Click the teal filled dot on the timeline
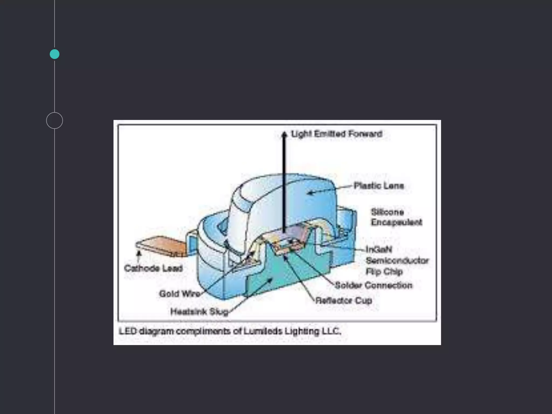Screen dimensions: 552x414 pos(54,54)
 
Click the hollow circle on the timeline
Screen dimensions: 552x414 pos(54,120)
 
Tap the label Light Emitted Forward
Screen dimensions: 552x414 pos(337,134)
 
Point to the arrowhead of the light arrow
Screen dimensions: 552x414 pos(284,134)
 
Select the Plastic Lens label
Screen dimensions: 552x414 pos(379,186)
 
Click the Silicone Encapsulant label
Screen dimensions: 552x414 pos(396,217)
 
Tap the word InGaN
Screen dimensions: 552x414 pos(379,250)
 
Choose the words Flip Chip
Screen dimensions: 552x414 pos(384,271)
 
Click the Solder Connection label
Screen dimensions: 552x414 pos(374,285)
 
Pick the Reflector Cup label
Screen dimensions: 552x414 pos(344,300)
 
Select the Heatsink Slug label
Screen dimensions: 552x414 pos(199,312)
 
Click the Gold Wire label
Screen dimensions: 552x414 pos(180,294)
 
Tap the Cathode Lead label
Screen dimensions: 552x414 pos(153,268)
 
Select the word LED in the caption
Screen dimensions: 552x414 pos(128,331)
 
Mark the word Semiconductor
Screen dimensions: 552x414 pos(397,261)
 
